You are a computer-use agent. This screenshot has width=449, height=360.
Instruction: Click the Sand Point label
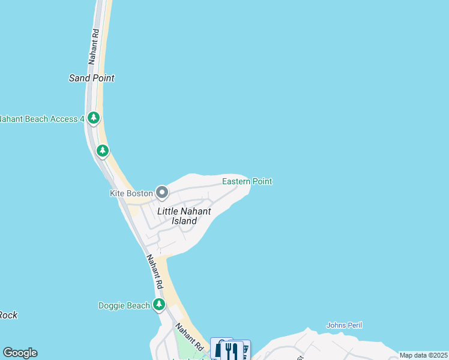pos(91,78)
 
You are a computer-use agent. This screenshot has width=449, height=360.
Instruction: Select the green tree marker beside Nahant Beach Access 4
pos(93,118)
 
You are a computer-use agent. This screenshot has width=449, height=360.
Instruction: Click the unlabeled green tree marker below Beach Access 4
pos(103,151)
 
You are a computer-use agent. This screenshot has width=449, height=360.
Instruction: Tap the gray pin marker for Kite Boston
pos(162,193)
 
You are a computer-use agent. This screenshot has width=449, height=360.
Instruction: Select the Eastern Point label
pos(247,181)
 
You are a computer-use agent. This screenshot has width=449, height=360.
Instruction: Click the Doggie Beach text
pos(124,305)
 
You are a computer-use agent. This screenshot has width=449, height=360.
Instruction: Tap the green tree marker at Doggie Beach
pos(158,305)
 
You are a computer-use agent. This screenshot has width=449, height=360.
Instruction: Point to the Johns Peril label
pos(344,325)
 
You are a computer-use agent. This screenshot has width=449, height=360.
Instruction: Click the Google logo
pos(20,353)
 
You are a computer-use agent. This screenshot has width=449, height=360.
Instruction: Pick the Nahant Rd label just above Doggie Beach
pos(155,270)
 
